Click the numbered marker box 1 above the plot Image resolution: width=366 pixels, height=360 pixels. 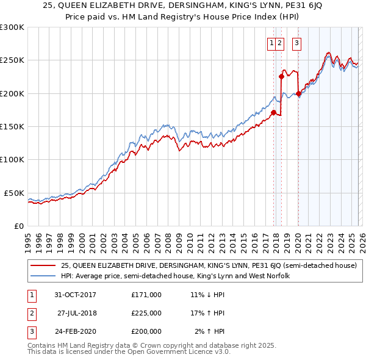point(271,43)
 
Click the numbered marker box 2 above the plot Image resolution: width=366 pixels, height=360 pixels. point(279,43)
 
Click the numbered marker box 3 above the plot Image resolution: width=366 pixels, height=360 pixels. point(296,43)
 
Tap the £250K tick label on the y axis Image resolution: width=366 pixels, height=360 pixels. point(12,60)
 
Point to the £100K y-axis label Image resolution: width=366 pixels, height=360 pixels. point(12,160)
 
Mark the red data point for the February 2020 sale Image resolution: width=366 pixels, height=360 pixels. point(298,93)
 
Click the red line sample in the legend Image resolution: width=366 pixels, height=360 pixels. point(43,265)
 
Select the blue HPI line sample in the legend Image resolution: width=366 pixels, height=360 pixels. point(43,276)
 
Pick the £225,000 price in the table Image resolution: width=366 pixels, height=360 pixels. point(146,312)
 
